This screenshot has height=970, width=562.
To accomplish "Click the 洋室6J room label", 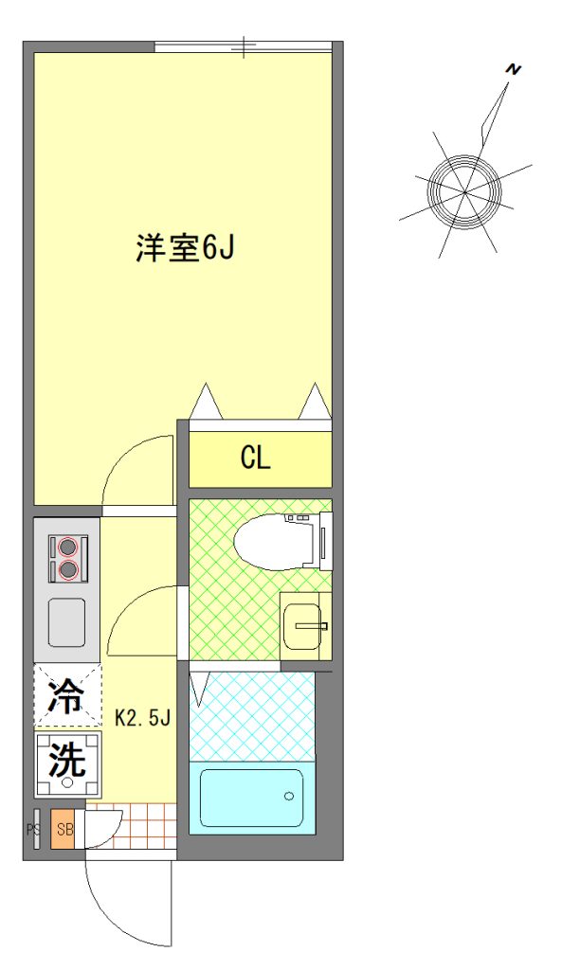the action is point(185,248).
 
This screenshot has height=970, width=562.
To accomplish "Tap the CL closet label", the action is point(256,458).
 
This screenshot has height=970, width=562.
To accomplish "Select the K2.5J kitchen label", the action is point(143,718).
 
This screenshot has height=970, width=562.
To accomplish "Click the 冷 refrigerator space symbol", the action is point(67,695).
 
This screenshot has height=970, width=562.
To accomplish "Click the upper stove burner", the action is point(67,547).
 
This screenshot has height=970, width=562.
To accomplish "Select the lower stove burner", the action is point(67,569).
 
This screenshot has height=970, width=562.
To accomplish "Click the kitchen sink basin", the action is point(67,622).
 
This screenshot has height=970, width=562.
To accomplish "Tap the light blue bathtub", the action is point(252,797).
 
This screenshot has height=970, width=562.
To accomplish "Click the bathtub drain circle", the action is point(288,796).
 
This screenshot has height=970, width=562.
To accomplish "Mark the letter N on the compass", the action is point(513,70).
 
